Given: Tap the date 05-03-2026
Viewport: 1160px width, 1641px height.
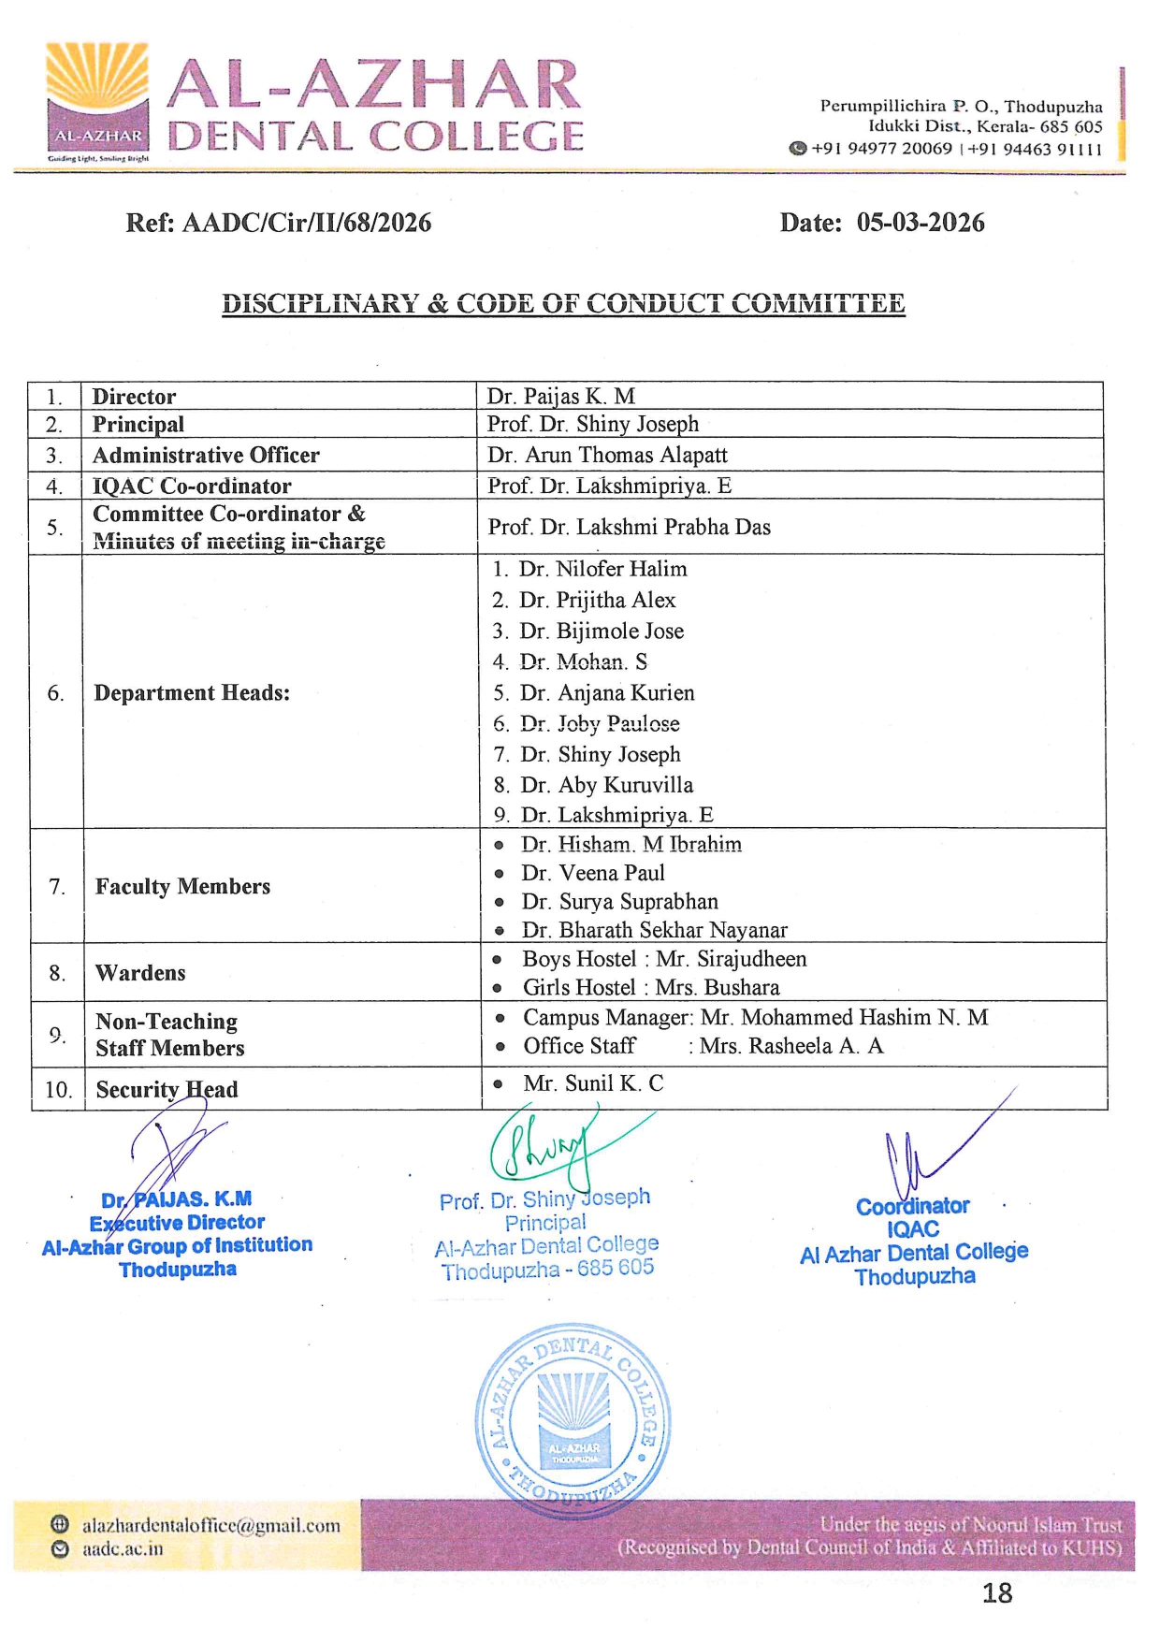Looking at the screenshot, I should (x=921, y=223).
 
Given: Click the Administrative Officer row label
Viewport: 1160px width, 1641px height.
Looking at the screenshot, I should (x=206, y=456).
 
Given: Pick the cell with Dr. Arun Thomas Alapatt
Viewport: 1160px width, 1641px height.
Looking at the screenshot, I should (x=607, y=456).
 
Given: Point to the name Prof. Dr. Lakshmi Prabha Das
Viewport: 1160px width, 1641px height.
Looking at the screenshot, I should (x=629, y=528).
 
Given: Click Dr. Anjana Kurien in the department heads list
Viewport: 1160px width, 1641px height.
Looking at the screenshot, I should (x=607, y=693).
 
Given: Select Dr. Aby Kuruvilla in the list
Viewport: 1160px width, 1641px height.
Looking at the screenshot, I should (x=606, y=785).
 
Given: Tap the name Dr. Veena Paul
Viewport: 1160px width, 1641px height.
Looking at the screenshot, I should (x=593, y=873).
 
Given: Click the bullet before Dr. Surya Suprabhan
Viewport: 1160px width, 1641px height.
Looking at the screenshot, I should (x=500, y=903).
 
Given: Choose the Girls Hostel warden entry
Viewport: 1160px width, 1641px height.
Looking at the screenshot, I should (x=650, y=988).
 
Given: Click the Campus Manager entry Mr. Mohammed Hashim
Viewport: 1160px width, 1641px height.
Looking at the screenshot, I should (x=755, y=1018).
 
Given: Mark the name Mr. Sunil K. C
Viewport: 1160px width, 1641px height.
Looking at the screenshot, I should (x=593, y=1083).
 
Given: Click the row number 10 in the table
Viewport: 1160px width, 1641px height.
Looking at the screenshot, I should (x=58, y=1090).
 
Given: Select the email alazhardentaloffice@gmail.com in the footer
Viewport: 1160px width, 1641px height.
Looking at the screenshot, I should (x=210, y=1526).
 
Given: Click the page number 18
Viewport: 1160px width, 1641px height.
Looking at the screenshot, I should (x=997, y=1593).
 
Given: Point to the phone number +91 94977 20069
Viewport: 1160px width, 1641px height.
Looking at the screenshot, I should (x=880, y=149).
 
